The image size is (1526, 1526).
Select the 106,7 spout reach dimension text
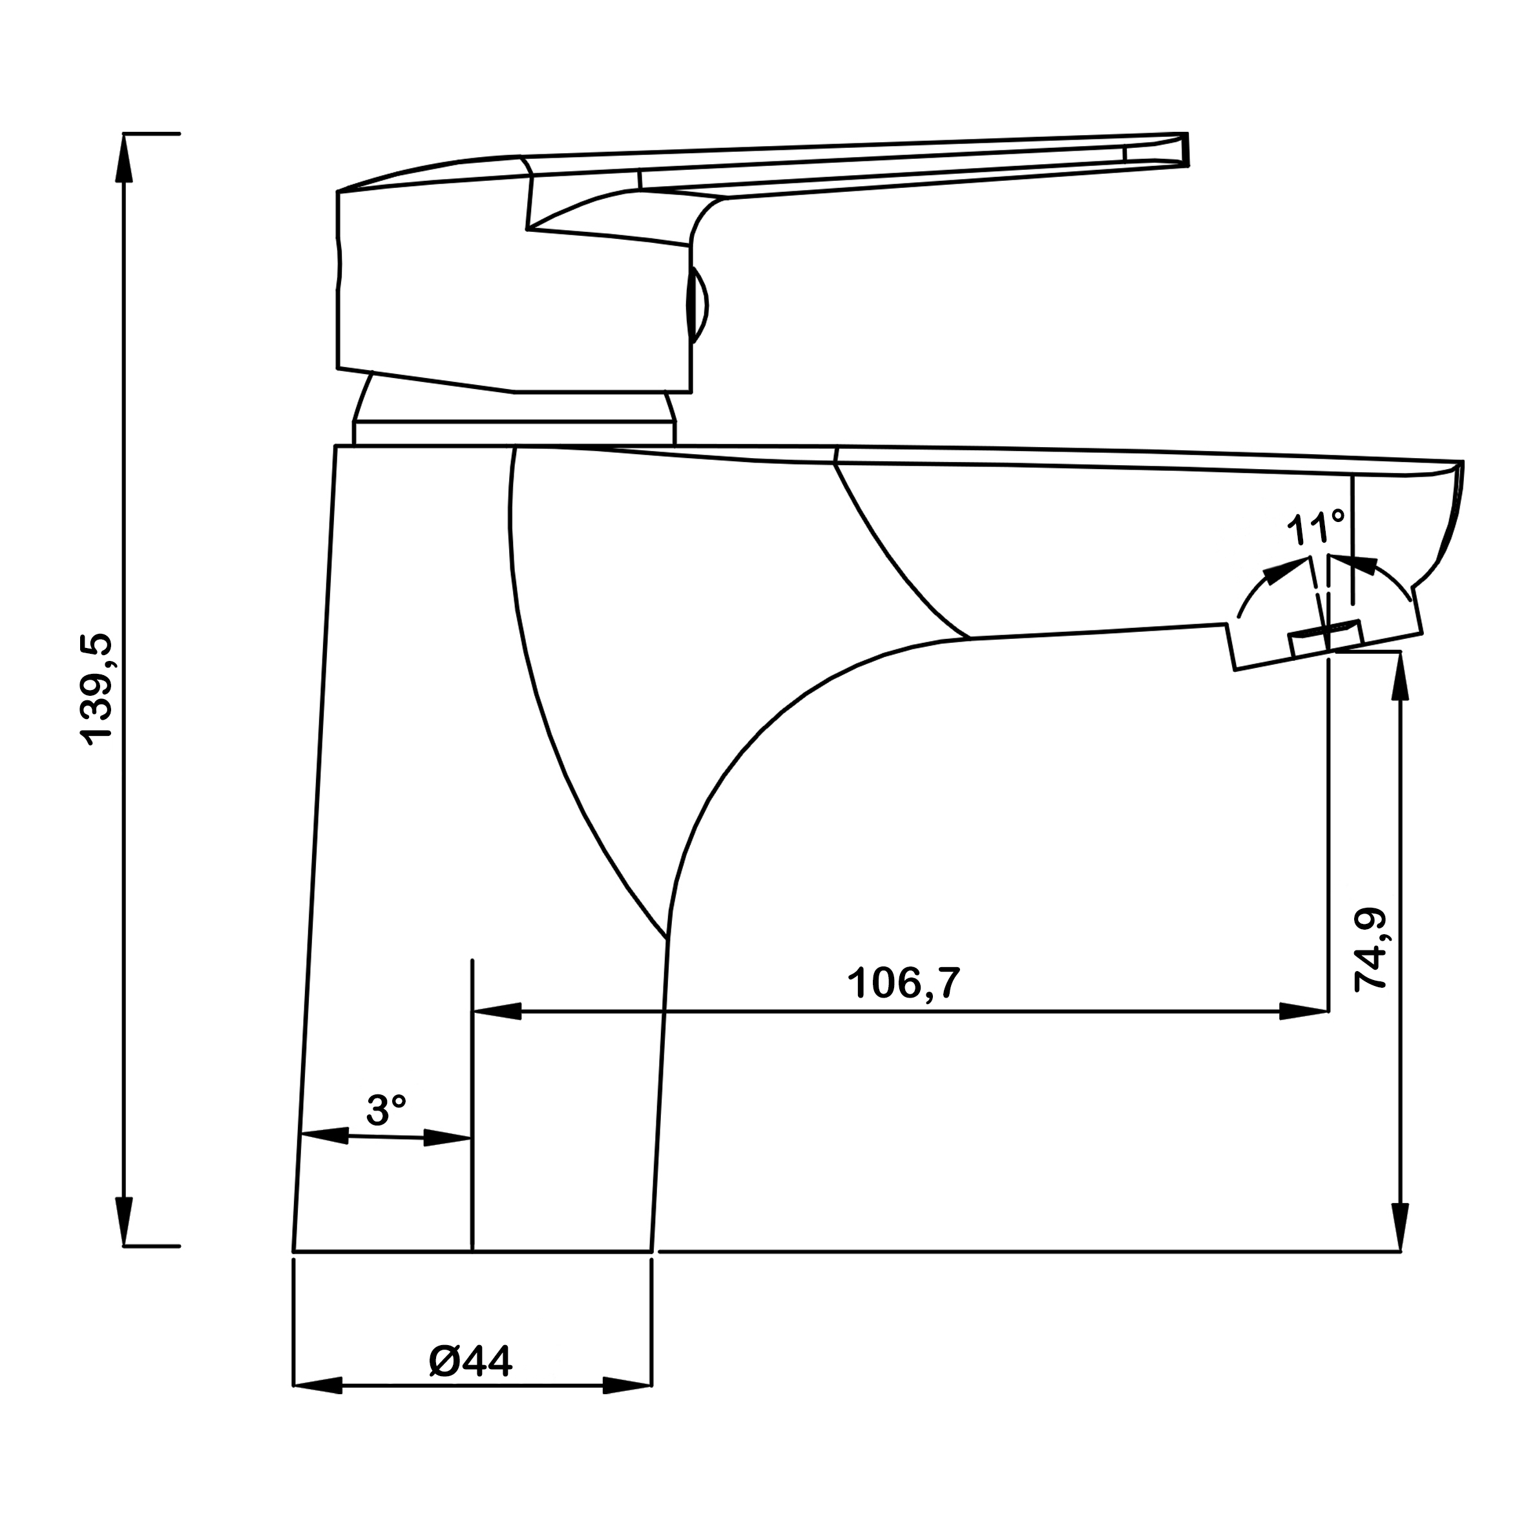click(904, 983)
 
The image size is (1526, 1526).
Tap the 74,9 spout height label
click(1371, 950)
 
